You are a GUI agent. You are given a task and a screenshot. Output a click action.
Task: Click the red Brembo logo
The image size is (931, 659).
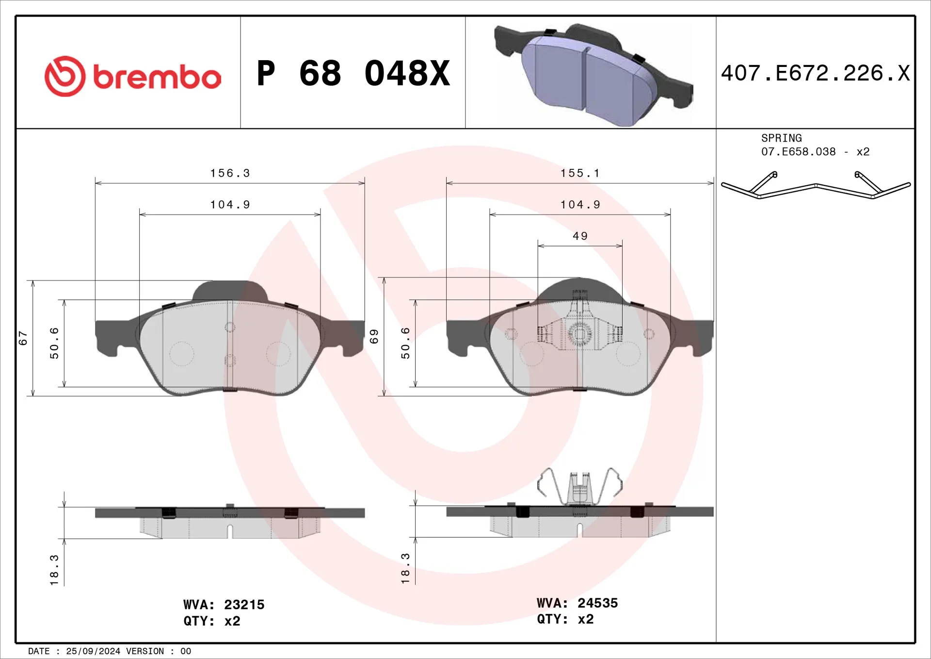coord(132,76)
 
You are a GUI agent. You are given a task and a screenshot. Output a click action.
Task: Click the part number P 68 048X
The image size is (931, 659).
coord(353,74)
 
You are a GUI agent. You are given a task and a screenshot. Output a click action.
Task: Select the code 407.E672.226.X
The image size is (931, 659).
coord(815,74)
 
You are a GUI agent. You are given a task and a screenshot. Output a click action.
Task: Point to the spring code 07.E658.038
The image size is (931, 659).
coord(798,152)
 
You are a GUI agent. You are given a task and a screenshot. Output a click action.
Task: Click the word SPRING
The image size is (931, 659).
coord(781,138)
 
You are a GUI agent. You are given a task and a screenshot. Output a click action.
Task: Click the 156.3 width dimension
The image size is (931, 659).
coord(230,173)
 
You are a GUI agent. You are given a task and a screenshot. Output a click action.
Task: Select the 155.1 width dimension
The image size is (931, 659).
coord(580,173)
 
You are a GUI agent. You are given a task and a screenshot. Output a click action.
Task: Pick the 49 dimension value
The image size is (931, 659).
coord(580,236)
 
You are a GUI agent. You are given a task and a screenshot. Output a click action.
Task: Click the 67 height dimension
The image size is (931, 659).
coord(23,338)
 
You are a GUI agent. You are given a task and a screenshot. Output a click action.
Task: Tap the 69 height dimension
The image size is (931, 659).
coord(374,336)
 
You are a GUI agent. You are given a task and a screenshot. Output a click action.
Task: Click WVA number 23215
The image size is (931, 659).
coord(244,605)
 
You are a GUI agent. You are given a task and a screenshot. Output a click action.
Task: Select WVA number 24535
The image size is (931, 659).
coord(597,603)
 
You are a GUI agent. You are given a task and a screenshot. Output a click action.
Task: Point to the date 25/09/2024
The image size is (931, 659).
coord(93,651)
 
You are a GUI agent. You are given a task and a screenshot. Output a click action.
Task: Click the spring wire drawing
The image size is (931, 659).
coord(816,187)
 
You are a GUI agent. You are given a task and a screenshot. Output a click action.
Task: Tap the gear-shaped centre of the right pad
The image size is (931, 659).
coord(579,334)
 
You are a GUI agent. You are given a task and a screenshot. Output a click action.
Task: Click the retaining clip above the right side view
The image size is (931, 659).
coord(579,487)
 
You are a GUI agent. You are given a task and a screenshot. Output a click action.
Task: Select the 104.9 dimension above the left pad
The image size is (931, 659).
coord(230,205)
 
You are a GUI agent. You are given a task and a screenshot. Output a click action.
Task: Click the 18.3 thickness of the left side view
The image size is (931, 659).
coord(54,570)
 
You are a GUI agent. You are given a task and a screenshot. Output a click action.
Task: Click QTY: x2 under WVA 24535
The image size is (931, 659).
coord(565,619)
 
